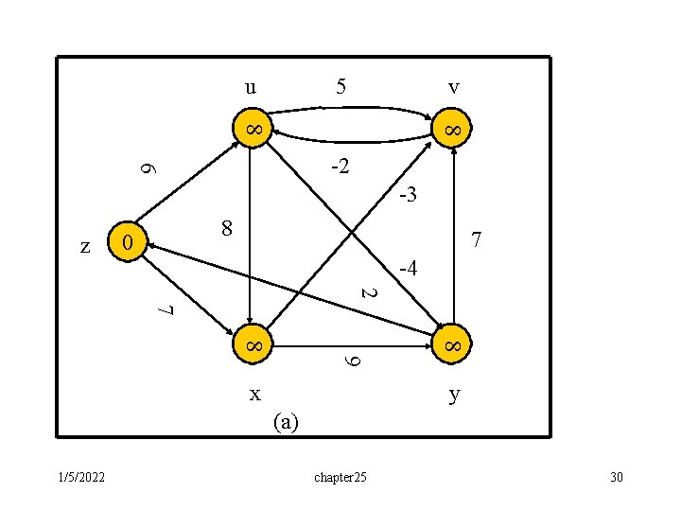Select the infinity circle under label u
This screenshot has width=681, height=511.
coord(253,129)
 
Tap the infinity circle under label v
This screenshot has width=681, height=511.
coord(453,129)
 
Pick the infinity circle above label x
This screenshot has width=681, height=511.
coord(253,347)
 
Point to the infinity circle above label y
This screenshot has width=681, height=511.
coord(453,347)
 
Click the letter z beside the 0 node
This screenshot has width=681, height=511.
coord(86,246)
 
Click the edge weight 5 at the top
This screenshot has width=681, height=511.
coord(341,87)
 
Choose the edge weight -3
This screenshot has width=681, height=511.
coord(408,196)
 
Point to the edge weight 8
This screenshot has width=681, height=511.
coord(225,228)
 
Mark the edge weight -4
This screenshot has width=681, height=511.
coord(408,270)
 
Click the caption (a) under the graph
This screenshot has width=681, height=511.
coord(285,422)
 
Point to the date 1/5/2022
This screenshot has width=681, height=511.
coord(79,476)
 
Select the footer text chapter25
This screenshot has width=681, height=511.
coord(340,476)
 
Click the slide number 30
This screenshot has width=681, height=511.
coord(617,476)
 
